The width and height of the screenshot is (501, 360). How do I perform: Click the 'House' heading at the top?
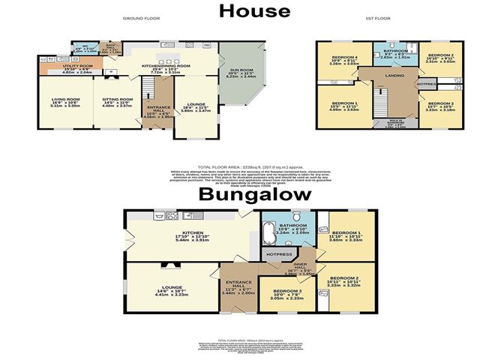[x=254, y=10]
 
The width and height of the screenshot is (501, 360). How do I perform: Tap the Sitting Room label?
[x=117, y=99]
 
